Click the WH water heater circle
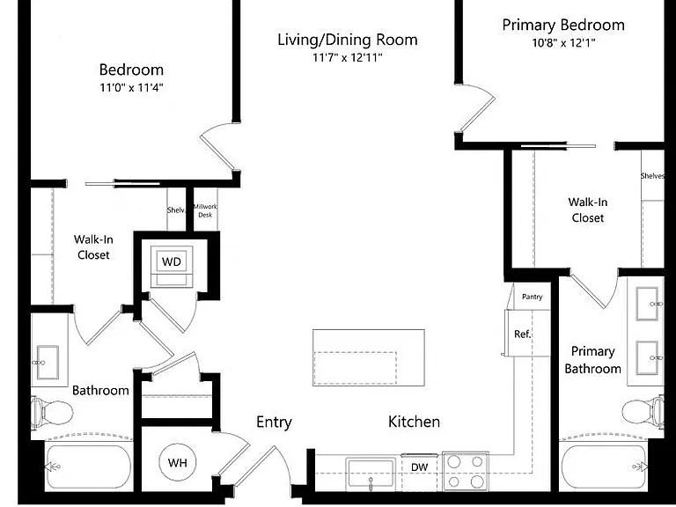[177, 463]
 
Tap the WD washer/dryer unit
[172, 267]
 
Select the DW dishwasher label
[420, 467]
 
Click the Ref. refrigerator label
[523, 334]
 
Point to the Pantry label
[532, 297]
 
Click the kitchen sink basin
[371, 474]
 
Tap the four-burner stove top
[466, 471]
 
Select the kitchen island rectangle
[369, 358]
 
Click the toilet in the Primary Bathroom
[643, 411]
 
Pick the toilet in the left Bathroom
[52, 413]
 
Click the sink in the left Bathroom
[47, 362]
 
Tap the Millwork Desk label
[205, 210]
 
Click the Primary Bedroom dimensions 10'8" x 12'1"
[563, 42]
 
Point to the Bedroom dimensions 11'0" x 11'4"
[131, 87]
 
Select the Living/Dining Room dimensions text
[348, 57]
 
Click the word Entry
[274, 422]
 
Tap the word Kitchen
[414, 422]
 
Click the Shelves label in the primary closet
[652, 175]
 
